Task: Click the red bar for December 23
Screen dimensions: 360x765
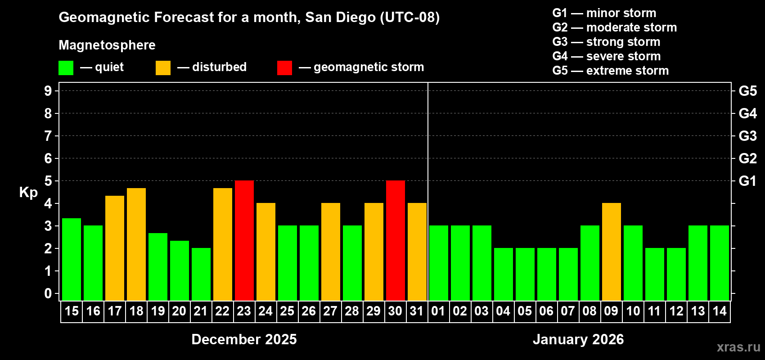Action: coord(244,241)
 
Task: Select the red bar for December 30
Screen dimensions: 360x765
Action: coord(396,241)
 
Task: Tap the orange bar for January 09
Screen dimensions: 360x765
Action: coord(612,252)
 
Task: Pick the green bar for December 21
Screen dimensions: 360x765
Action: coord(201,274)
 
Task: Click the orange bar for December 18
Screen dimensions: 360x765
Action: coord(136,244)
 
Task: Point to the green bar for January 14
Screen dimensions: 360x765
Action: coord(720,263)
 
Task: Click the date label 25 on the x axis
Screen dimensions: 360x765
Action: coord(287,311)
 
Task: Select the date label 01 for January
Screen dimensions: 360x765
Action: coord(438,311)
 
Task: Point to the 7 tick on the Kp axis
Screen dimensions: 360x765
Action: coord(48,136)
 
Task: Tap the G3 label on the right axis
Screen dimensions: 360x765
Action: coord(747,136)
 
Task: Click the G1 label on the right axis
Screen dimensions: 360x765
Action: coord(747,181)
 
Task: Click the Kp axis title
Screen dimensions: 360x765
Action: coord(28,192)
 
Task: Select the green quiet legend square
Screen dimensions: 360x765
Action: coord(66,68)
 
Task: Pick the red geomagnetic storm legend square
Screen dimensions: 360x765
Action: coord(284,68)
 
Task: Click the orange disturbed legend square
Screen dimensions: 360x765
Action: coord(163,68)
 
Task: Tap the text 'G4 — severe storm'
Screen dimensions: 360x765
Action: coord(606,56)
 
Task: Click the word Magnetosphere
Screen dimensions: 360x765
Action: coord(107,45)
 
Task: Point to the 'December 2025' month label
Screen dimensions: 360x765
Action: coord(244,339)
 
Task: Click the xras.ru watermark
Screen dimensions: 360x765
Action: coord(738,347)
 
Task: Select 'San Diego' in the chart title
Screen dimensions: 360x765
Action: coord(340,17)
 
